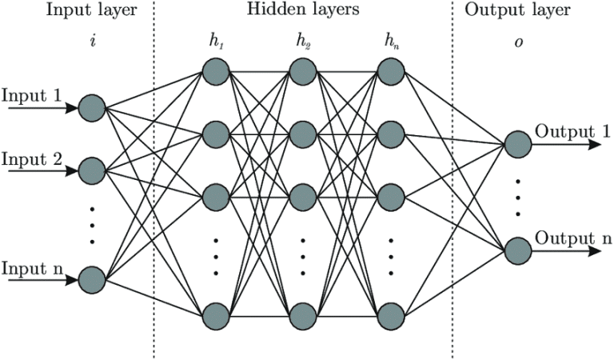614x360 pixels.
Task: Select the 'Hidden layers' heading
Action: (x=303, y=11)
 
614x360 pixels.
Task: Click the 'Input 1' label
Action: (x=32, y=95)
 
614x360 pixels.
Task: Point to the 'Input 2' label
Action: (x=32, y=158)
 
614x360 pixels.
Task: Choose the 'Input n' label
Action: (x=32, y=268)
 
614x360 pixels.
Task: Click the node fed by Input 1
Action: (x=92, y=106)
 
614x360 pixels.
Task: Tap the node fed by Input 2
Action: (x=92, y=170)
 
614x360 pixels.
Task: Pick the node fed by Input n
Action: (x=92, y=280)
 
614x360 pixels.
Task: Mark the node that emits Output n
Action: (x=517, y=250)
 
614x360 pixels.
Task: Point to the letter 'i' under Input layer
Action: (x=94, y=40)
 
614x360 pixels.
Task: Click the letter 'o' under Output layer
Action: (x=517, y=40)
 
